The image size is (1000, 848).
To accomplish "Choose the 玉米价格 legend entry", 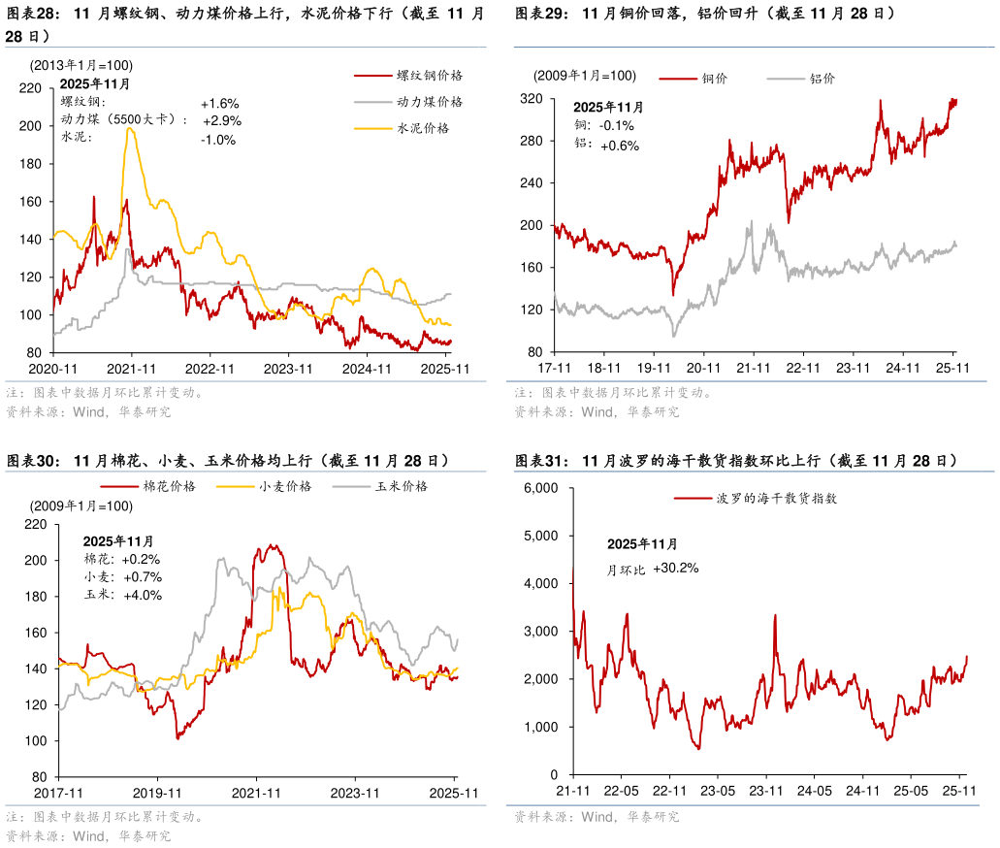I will [402, 486].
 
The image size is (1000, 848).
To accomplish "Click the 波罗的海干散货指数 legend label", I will [776, 498].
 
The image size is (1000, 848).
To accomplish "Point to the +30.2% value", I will [675, 568].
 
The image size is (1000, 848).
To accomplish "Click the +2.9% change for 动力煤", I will [222, 120].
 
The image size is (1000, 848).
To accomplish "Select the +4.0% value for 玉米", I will [143, 595].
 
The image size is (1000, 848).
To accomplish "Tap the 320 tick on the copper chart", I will [531, 99].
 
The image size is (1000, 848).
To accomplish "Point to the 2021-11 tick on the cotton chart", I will [257, 793].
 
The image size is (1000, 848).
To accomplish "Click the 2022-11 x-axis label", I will [210, 369].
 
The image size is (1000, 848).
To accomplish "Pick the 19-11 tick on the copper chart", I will [654, 368].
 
